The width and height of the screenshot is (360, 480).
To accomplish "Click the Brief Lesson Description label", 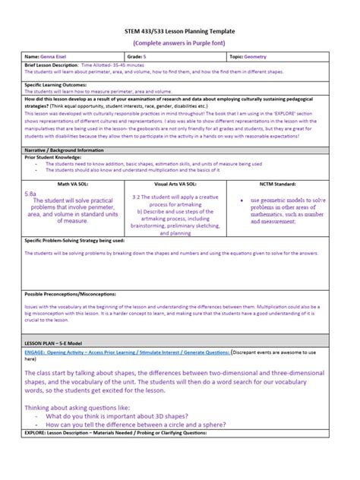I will point(52,66).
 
